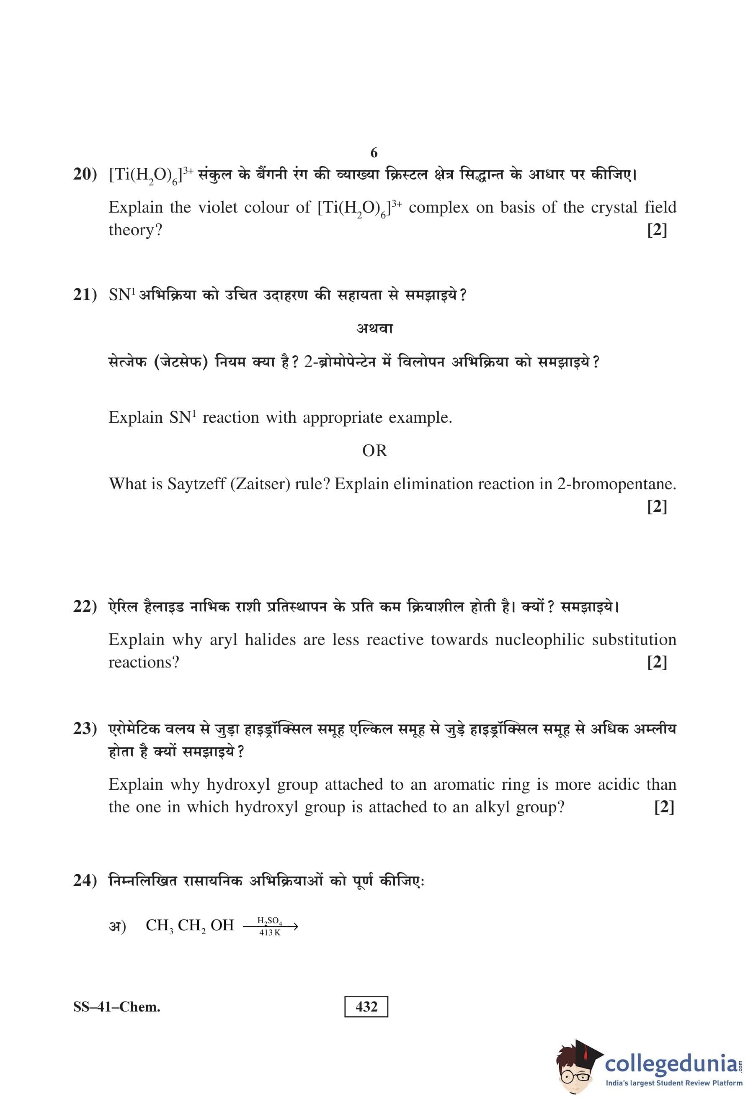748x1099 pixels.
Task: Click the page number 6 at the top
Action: (374, 153)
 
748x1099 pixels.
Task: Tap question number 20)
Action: (85, 175)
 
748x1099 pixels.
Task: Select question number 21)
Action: (85, 295)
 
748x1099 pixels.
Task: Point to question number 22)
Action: (85, 606)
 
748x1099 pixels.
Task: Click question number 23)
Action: (85, 729)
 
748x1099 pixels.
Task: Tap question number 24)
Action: (85, 881)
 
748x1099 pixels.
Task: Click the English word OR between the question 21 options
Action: (374, 451)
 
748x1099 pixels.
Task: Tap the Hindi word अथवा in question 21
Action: (374, 328)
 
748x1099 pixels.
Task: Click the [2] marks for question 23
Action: (664, 807)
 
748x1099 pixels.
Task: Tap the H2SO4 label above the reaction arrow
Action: (270, 921)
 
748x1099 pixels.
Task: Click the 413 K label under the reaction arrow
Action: (270, 933)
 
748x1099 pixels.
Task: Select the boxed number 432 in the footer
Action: (366, 1007)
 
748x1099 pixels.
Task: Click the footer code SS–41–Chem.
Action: (116, 1007)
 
